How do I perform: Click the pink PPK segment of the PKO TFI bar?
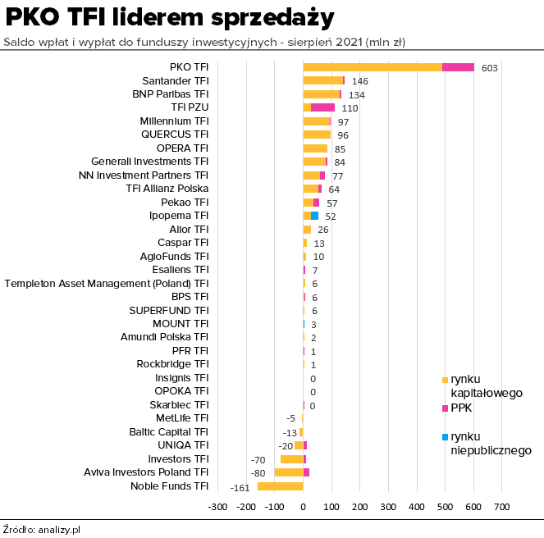click(459, 67)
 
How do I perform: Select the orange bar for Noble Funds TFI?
click(281, 486)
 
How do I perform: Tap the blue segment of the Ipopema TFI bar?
click(314, 216)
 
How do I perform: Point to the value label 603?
click(490, 68)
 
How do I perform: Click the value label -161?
click(240, 488)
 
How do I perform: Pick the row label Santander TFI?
click(176, 81)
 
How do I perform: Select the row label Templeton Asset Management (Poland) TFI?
click(107, 283)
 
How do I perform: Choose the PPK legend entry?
click(461, 408)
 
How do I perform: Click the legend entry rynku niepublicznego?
click(491, 443)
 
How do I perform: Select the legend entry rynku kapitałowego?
click(486, 385)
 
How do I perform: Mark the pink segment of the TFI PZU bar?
click(323, 107)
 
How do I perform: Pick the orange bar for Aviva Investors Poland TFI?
click(289, 472)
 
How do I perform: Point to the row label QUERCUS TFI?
click(175, 134)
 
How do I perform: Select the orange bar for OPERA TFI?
click(315, 148)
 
